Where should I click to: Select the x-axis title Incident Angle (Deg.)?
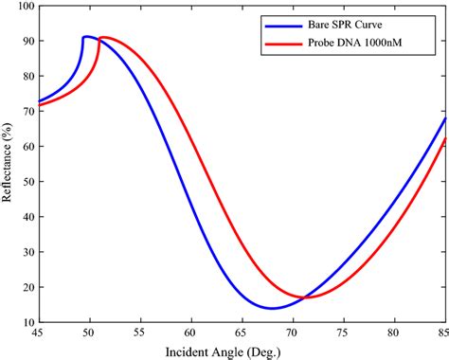pos(241,350)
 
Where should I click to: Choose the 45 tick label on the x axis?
pos(38,333)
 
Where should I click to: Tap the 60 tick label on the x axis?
pos(190,333)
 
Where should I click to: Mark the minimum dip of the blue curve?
pos(273,308)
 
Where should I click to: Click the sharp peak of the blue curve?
pos(84,37)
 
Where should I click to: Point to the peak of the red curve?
pos(102,38)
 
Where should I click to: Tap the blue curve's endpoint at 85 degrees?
pos(443,118)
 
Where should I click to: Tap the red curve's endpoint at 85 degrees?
pos(443,138)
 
